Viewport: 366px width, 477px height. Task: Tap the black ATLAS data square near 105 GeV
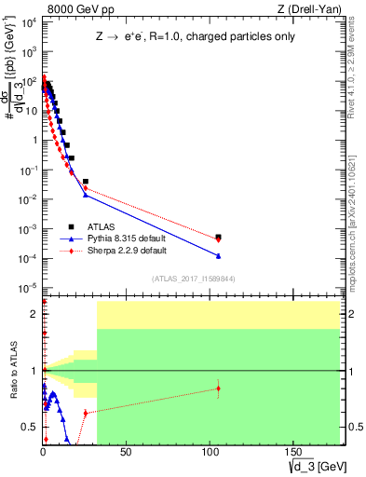[x=218, y=238]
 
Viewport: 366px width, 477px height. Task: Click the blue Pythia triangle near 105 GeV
[x=218, y=255]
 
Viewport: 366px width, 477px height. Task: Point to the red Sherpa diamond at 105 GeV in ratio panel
[x=218, y=388]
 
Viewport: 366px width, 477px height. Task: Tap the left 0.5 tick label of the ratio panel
[x=30, y=428]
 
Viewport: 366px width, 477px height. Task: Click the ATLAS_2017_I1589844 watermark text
[x=191, y=278]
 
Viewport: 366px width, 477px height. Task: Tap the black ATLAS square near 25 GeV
[x=86, y=182]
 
